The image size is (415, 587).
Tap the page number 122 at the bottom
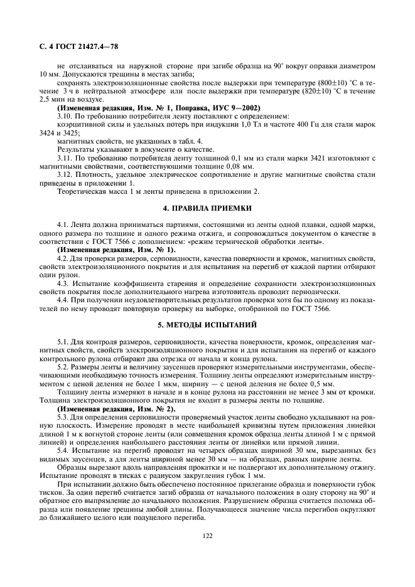coord(207,535)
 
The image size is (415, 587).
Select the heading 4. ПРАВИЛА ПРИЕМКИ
coord(207,208)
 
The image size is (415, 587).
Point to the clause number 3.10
coord(64,116)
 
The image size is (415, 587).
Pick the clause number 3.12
coord(64,174)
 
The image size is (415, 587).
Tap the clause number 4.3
coord(62,283)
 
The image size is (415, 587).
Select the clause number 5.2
coord(62,366)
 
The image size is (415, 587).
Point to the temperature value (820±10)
coord(303,91)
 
